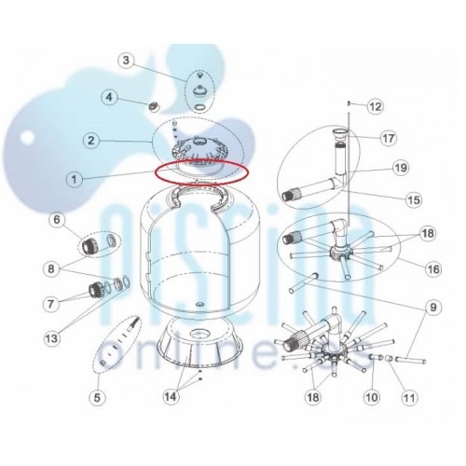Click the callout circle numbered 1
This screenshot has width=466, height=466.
[74, 179]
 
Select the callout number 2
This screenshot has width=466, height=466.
[90, 141]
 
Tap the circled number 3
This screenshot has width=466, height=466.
[126, 60]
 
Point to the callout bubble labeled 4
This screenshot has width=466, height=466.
[109, 97]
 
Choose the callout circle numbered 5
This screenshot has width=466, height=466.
[97, 397]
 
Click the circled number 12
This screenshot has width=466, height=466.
[376, 106]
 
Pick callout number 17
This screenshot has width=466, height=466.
[389, 138]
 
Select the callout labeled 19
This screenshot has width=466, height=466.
[401, 168]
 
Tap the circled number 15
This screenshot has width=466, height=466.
[414, 199]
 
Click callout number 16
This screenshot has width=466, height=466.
[433, 269]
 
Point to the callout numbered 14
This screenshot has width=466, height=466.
[171, 396]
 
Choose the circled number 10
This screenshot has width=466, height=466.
[372, 397]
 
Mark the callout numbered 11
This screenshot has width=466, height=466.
[409, 397]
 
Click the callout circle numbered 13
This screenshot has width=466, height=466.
[51, 337]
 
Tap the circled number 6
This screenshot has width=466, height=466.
[57, 219]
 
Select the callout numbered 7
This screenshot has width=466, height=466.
[51, 304]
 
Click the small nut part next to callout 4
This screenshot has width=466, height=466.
[154, 106]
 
